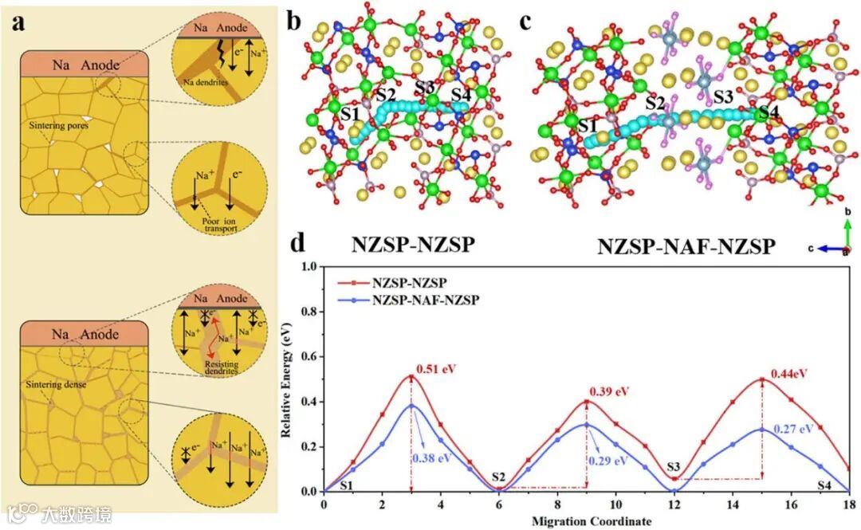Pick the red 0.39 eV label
click(x=610, y=391)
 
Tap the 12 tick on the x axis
click(x=674, y=504)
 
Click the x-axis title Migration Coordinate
click(x=587, y=521)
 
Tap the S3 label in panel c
click(x=724, y=97)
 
